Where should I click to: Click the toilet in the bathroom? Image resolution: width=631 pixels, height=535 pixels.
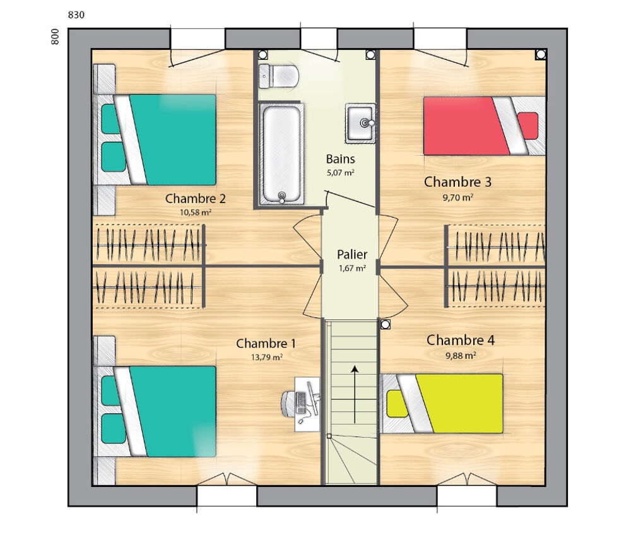(x=278, y=76)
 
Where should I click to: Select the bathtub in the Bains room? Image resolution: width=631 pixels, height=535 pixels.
(x=281, y=154)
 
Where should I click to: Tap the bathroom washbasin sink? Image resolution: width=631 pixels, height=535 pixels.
(x=360, y=123)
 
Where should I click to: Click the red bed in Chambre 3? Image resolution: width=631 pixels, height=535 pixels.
(x=485, y=126)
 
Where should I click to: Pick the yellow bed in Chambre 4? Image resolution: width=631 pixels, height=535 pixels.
(x=442, y=404)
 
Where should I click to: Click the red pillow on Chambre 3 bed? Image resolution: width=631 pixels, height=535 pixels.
(x=528, y=126)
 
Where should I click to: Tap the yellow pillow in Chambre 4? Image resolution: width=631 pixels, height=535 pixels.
(x=397, y=404)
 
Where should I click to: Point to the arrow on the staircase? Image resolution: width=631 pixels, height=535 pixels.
(x=355, y=394)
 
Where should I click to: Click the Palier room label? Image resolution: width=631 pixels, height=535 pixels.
(x=352, y=254)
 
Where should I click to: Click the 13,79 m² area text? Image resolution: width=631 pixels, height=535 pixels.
(x=267, y=357)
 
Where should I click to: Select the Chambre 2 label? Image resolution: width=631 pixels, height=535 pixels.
(x=195, y=198)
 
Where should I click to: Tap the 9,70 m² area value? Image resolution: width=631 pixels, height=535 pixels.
(x=458, y=197)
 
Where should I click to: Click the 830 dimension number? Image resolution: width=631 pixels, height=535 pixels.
(x=76, y=15)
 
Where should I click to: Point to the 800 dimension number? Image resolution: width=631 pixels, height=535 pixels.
(x=55, y=37)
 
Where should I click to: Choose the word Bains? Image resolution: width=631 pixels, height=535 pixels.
(x=341, y=159)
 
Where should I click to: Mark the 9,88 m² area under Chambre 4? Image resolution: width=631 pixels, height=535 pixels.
(x=461, y=356)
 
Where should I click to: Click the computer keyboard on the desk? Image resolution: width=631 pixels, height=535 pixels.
(x=300, y=403)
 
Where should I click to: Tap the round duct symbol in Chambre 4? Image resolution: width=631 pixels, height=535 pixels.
(x=385, y=324)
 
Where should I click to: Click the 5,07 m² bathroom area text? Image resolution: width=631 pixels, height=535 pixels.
(x=341, y=173)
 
